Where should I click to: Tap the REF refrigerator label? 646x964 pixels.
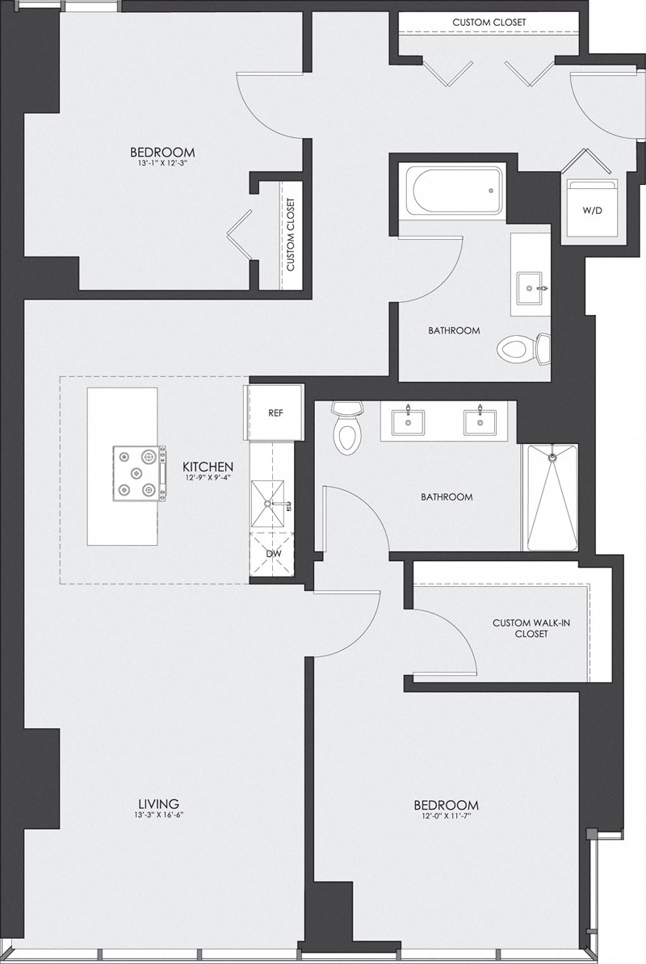point(275,412)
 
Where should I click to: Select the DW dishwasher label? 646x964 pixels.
point(273,554)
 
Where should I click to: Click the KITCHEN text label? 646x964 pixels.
point(208,467)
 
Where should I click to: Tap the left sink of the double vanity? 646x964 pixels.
point(407,420)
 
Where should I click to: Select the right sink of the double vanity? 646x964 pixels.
point(479,420)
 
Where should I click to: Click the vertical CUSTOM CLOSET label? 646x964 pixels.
point(290,235)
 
